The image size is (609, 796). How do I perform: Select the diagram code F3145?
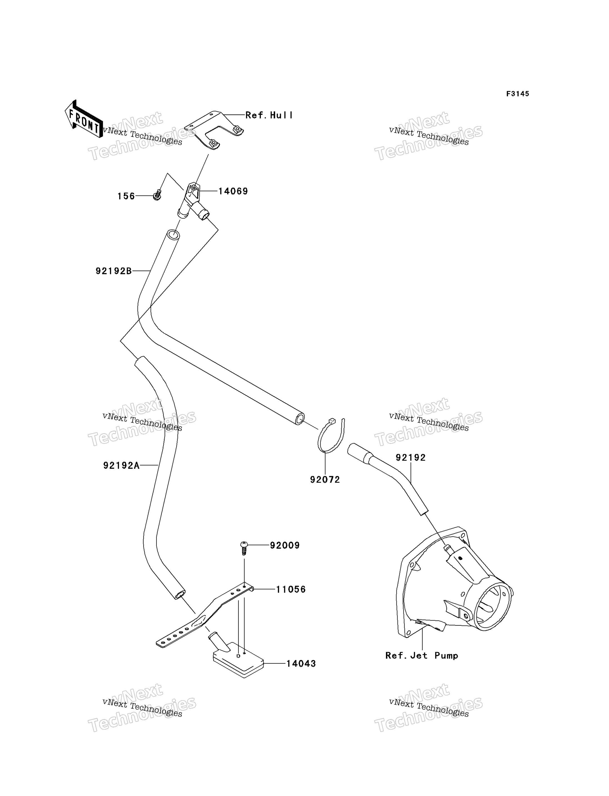pos(518,94)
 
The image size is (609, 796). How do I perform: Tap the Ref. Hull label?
pos(269,115)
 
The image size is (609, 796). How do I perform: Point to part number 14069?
pos(233,191)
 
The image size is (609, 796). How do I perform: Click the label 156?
pos(126,196)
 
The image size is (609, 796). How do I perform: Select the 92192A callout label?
pos(121,465)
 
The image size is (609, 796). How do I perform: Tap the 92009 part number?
pos(285,545)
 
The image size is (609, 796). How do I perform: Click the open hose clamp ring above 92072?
pos(319,440)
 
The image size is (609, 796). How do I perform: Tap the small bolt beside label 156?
pos(157,195)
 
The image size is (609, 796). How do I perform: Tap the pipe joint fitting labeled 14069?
pos(193,202)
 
